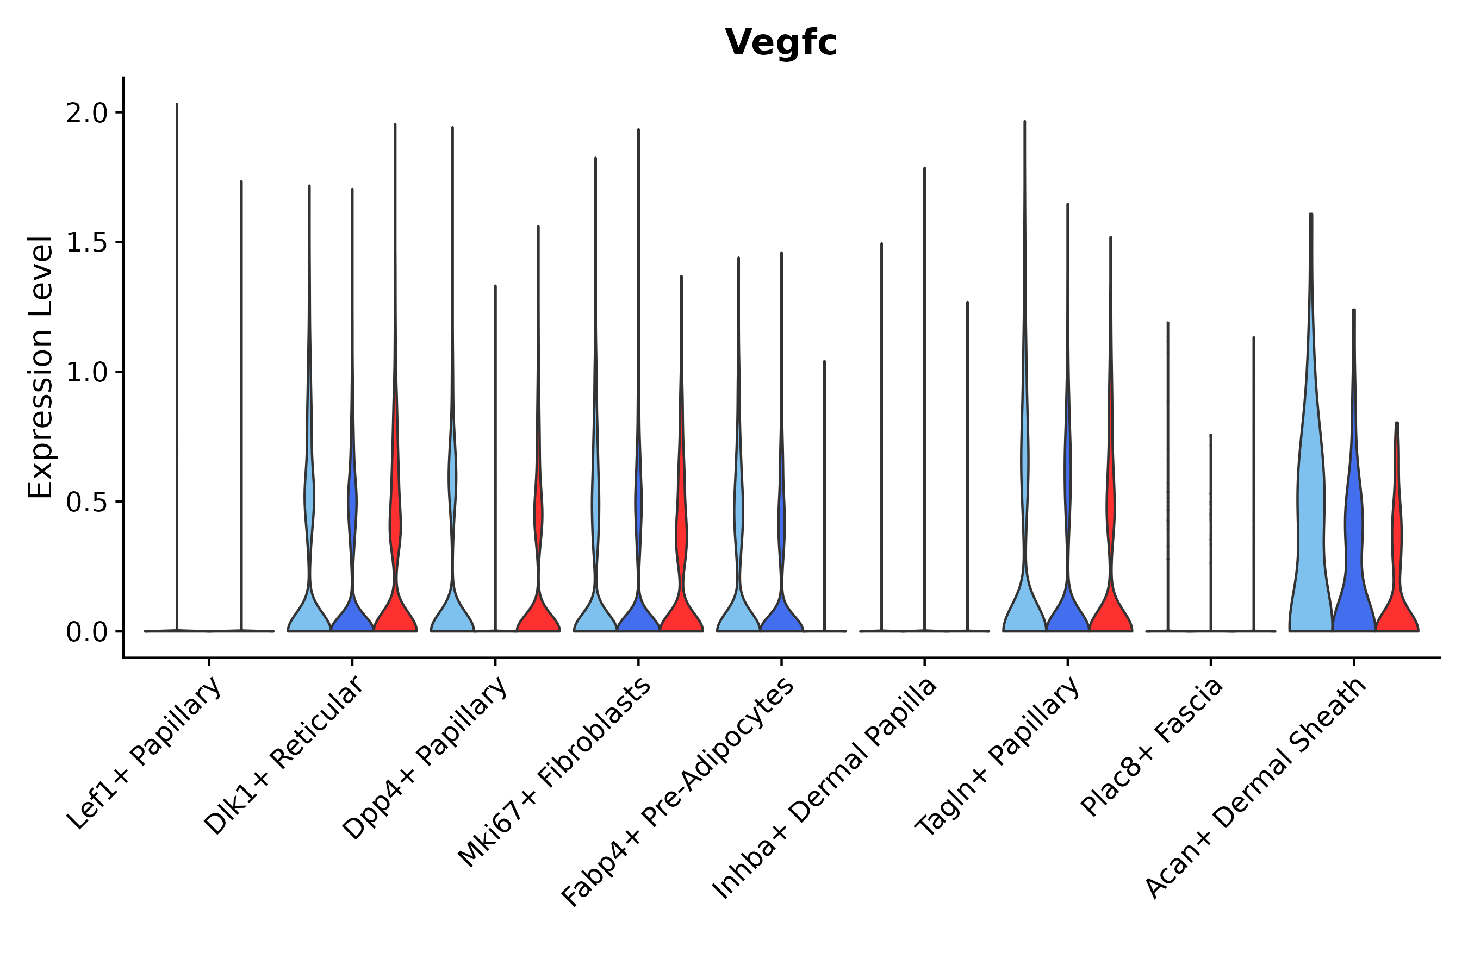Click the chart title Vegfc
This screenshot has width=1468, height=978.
pos(780,42)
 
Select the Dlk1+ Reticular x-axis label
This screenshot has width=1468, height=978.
pos(284,755)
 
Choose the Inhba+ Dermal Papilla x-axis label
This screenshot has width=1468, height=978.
pos(824,788)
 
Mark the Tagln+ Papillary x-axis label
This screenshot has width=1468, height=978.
pos(997,755)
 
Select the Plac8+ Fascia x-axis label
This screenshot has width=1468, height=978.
pos(1152,747)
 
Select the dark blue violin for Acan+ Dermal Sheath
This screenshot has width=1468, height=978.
pos(1353,561)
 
